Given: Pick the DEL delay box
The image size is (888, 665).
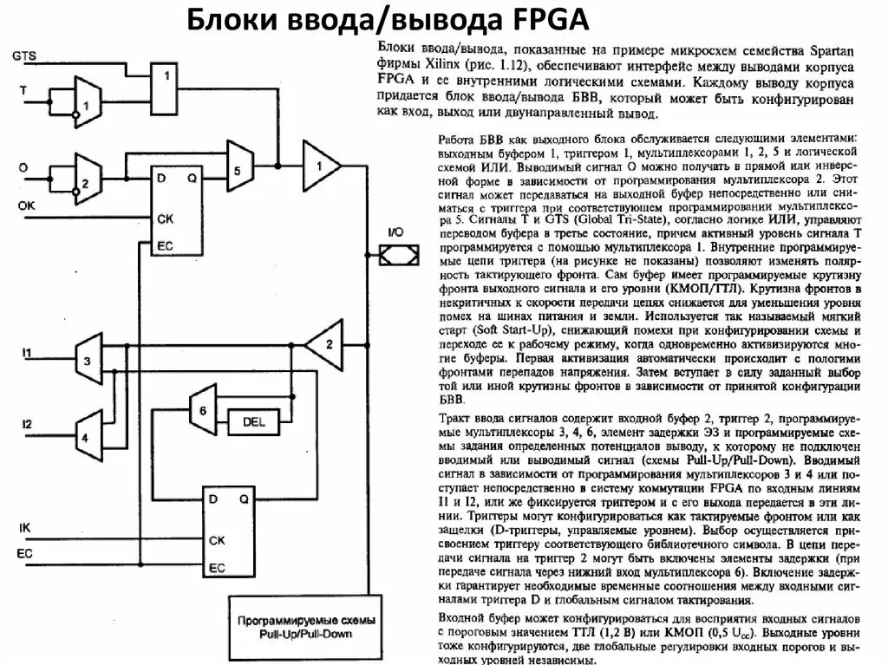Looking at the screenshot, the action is [252, 422].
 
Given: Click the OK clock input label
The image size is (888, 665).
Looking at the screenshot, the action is [26, 205].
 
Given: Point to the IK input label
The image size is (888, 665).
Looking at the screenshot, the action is [24, 528].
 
